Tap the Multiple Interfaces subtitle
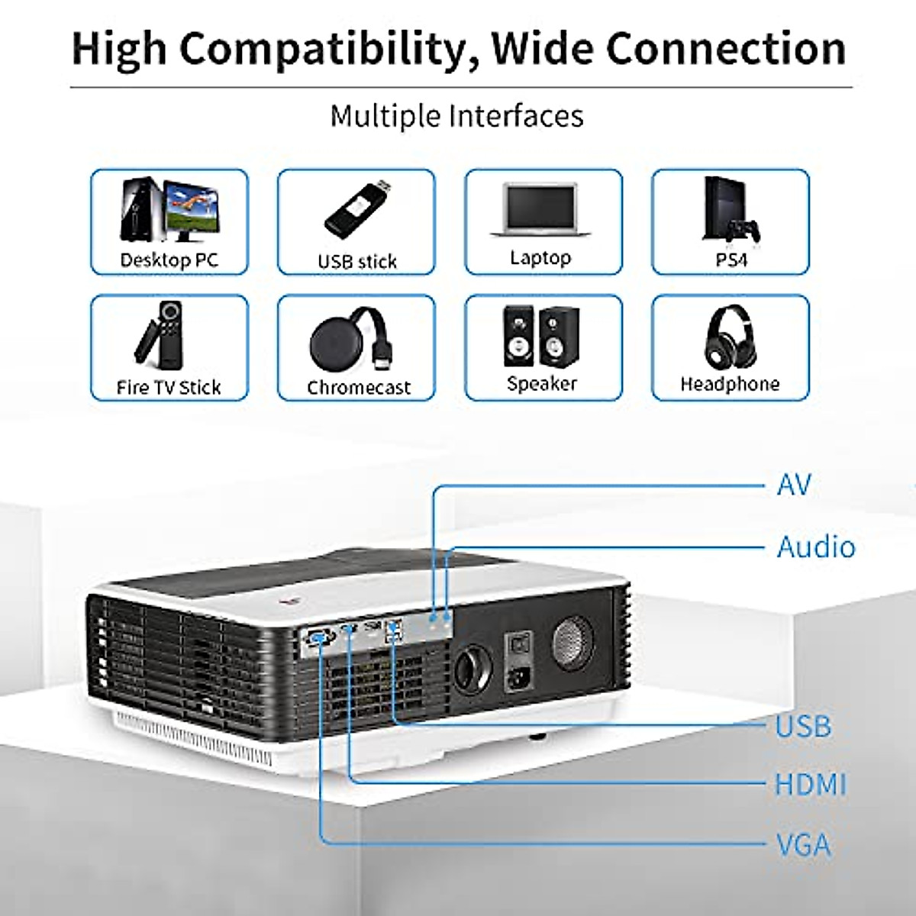pos(456,116)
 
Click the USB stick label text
pos(356,261)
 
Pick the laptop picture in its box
pos(542,209)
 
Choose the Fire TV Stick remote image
pos(160,335)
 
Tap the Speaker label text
pos(542,383)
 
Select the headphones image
pos(730,337)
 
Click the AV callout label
pos(794,484)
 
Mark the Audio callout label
pos(816,547)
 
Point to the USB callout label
pos(803,726)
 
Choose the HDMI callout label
pos(811,785)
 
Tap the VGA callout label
pos(803,845)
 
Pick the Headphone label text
pos(730,383)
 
